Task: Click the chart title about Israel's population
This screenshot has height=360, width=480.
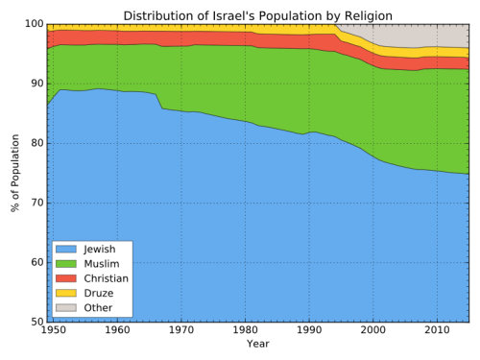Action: (257, 14)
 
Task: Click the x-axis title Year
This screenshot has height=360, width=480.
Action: (257, 344)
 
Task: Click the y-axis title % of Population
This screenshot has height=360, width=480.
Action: (15, 173)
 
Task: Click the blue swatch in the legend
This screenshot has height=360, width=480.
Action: (67, 249)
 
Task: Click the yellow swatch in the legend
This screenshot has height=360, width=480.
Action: (67, 292)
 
